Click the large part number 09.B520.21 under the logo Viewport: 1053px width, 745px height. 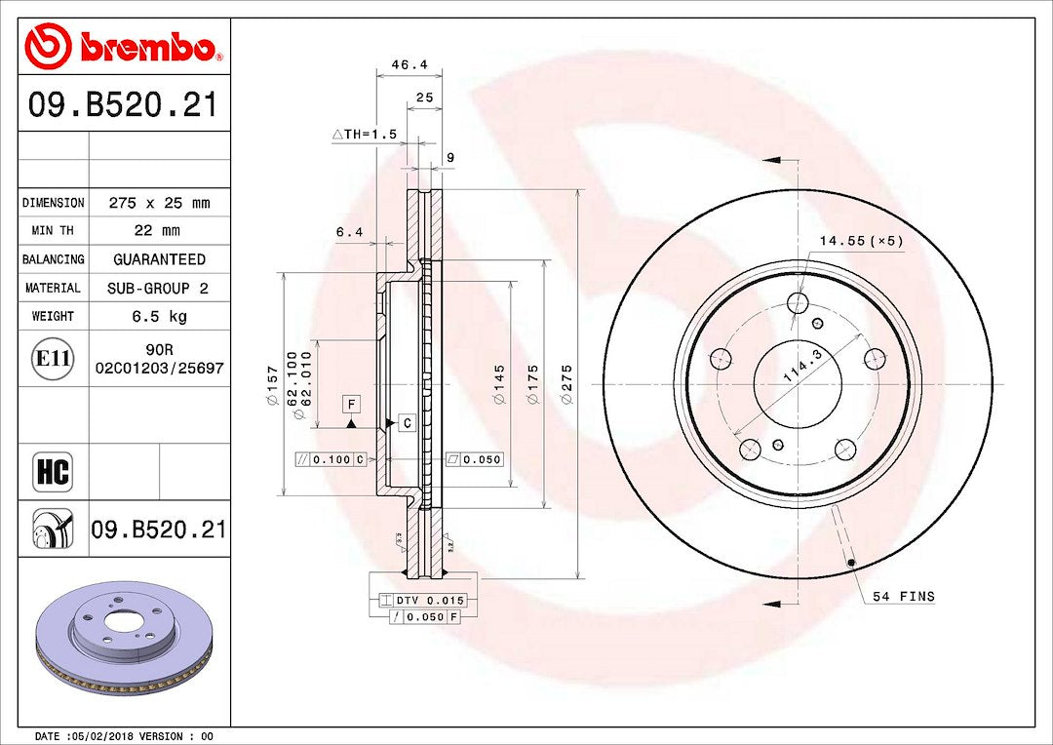[x=123, y=105]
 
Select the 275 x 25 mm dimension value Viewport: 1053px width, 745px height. [x=159, y=203]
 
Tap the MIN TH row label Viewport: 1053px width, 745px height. [x=53, y=230]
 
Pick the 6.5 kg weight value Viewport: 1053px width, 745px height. [x=159, y=316]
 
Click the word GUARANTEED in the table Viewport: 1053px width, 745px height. [x=159, y=259]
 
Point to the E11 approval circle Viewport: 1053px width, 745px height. [x=53, y=358]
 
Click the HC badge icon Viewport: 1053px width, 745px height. [x=53, y=472]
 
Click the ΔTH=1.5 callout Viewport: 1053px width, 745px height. [x=365, y=135]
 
